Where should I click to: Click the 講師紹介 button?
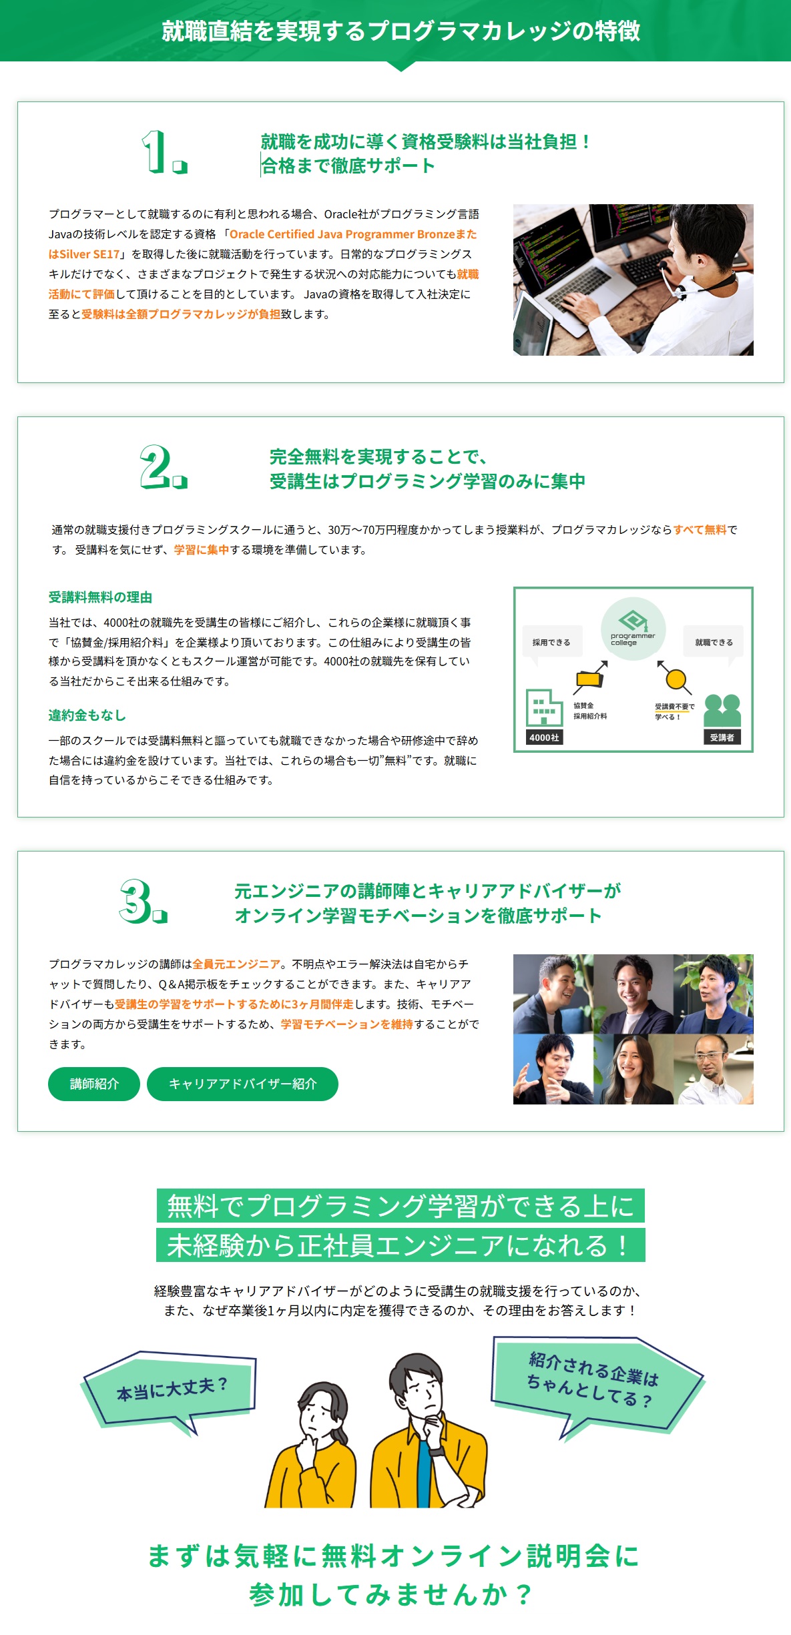pos(94,1084)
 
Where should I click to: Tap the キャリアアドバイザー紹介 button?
pos(242,1084)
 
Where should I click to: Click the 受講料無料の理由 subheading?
pos(100,597)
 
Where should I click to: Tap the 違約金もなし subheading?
pos(87,715)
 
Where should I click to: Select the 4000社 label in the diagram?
pos(544,737)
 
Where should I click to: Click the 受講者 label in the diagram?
pos(722,737)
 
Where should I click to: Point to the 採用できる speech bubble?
pos(551,642)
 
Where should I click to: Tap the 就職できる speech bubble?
pos(714,642)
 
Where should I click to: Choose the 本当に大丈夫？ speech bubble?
pos(172,1388)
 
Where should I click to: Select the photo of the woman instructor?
pos(632,1069)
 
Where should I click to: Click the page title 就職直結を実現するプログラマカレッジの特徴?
pos(401,31)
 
